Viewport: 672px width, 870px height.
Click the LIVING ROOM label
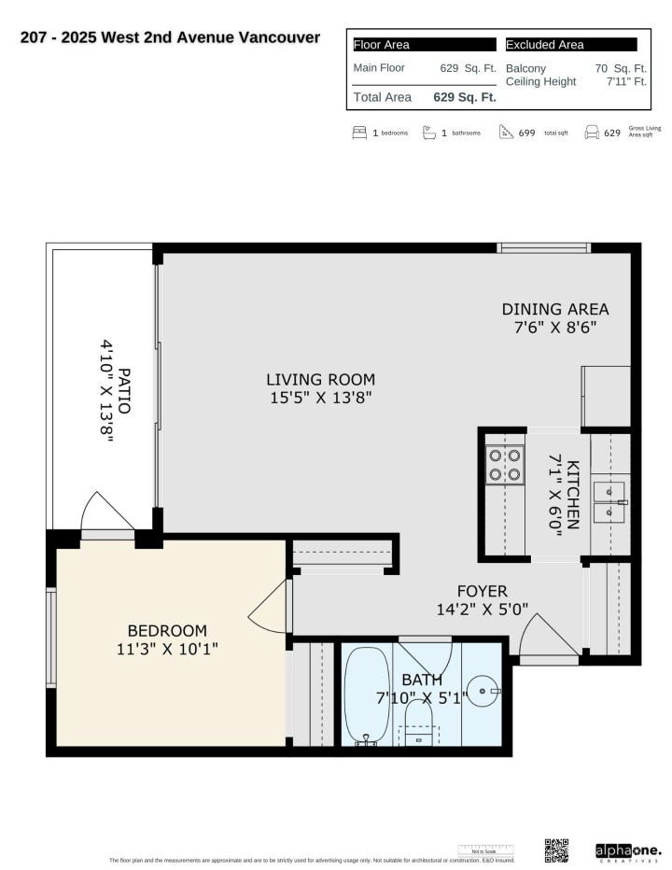click(320, 380)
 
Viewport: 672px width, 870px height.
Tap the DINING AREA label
click(554, 309)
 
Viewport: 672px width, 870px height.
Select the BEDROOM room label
click(167, 631)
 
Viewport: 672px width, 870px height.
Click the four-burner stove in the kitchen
click(505, 464)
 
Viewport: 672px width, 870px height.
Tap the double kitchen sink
click(609, 501)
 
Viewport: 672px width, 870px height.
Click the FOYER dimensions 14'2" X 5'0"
click(482, 609)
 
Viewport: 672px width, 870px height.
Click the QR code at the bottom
click(556, 850)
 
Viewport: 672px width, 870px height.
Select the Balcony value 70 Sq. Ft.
click(621, 68)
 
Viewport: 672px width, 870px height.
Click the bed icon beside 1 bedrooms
click(359, 133)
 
